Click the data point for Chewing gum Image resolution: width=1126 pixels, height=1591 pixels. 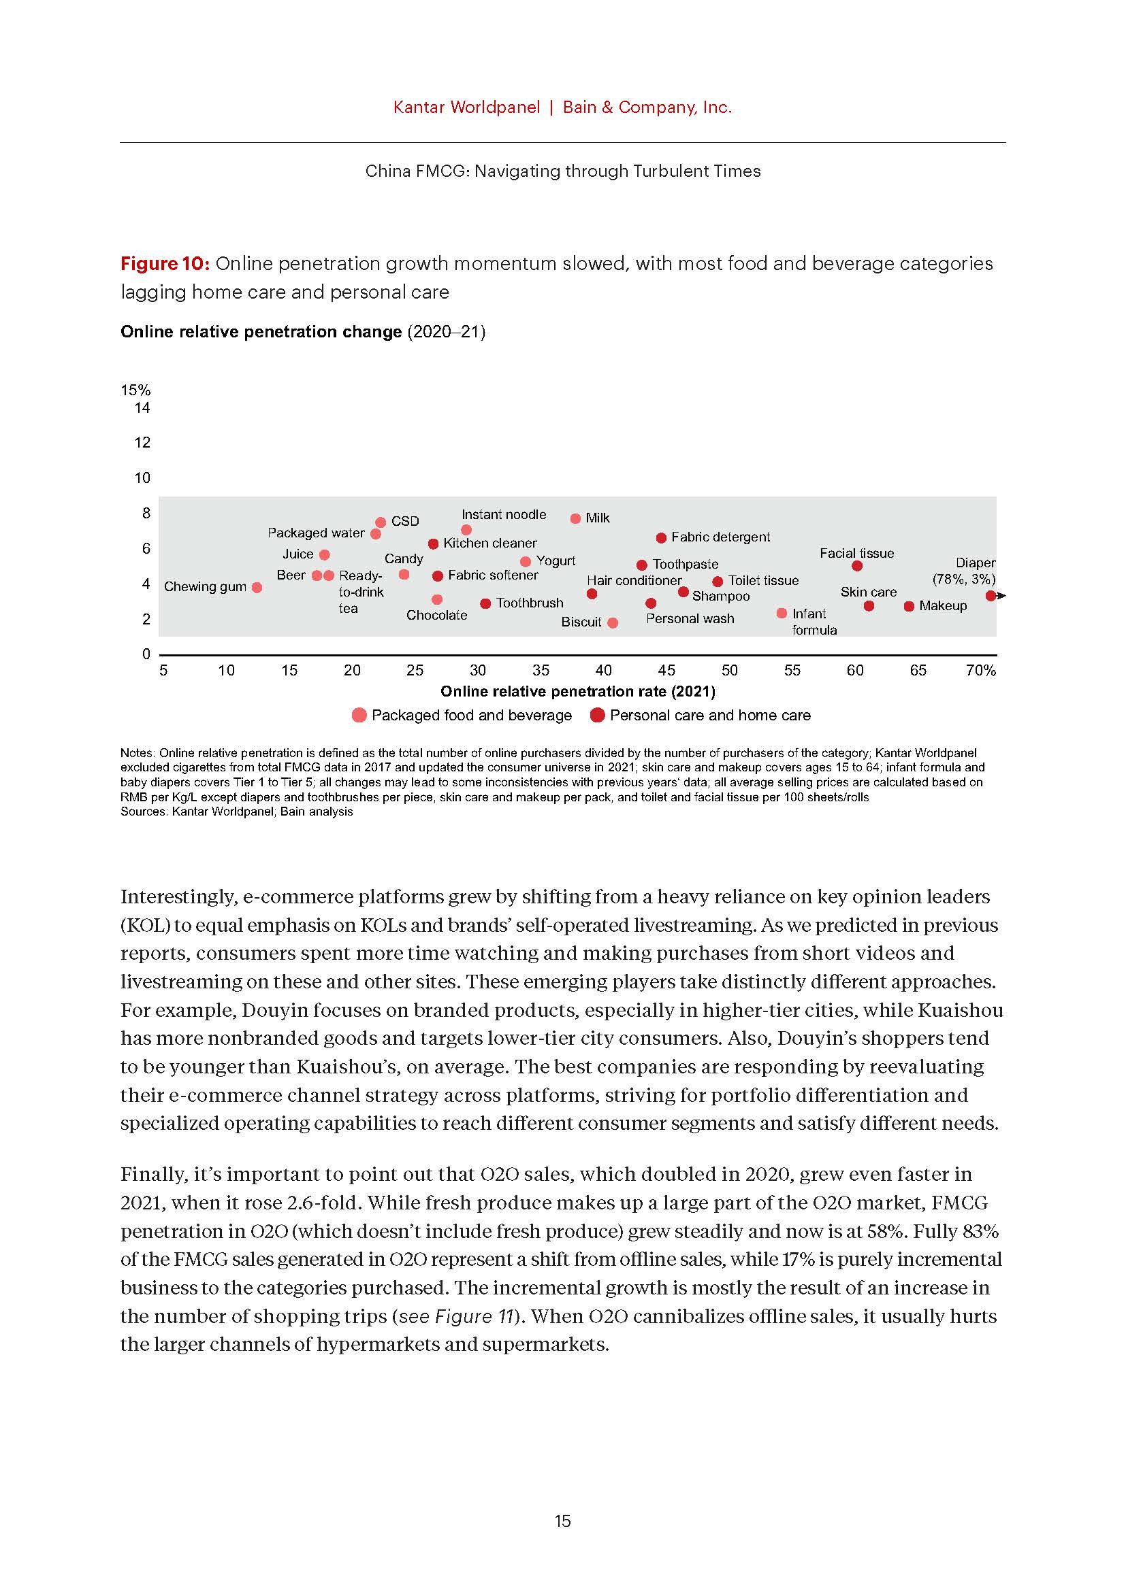click(257, 588)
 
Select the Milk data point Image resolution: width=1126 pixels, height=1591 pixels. click(575, 518)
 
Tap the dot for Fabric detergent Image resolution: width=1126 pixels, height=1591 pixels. click(662, 538)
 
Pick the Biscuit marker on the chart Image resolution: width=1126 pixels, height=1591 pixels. click(613, 623)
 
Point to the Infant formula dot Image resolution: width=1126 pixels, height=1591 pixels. click(782, 614)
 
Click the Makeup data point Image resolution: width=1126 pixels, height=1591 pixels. click(909, 606)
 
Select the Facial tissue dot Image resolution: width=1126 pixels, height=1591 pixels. click(857, 566)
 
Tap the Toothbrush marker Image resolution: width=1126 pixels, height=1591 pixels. click(486, 603)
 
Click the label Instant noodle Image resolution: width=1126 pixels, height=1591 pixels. click(503, 514)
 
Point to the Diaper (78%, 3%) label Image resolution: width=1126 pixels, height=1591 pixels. click(965, 571)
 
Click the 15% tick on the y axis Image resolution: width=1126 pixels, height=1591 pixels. click(135, 390)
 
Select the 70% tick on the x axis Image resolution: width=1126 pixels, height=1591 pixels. click(980, 670)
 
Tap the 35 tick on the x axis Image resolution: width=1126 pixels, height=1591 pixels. click(541, 670)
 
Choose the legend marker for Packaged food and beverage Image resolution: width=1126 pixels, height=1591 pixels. click(359, 715)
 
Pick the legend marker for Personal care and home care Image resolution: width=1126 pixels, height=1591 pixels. click(598, 715)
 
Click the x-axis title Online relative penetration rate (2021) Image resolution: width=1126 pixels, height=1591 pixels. click(577, 691)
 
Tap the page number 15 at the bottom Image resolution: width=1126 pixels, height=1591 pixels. click(562, 1520)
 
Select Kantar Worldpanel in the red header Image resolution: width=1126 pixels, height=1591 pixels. click(466, 107)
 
